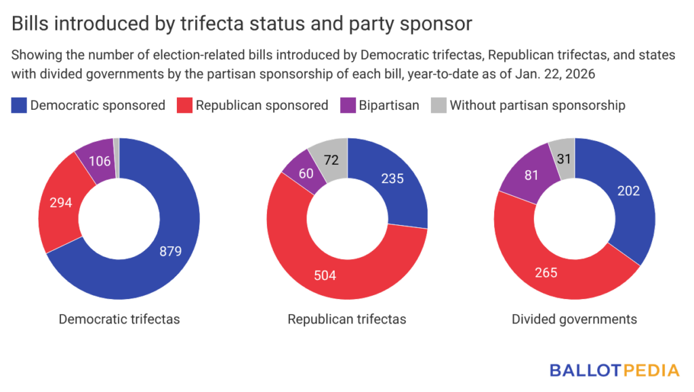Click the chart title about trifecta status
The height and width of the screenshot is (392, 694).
242,23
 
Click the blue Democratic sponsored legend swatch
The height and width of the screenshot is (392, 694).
20,105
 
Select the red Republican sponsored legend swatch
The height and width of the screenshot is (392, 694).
184,105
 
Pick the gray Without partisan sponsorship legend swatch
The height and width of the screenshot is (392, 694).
438,105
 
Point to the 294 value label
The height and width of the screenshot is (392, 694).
62,201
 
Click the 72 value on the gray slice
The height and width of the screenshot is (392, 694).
331,159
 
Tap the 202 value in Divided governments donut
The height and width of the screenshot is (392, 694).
628,191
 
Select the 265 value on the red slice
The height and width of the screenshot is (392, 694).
546,273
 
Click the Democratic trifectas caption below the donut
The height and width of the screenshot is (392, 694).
119,319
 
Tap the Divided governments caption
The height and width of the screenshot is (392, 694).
574,319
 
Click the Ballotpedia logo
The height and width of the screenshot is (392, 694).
614,370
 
